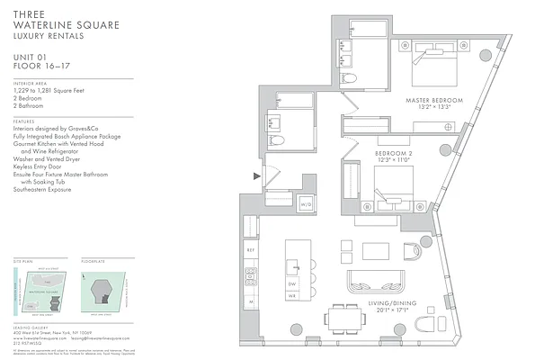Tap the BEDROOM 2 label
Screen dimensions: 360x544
coord(392,153)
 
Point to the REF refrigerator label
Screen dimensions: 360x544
coord(251,249)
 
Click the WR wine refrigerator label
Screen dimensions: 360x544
coord(293,296)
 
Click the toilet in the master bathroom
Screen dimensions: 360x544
coord(349,79)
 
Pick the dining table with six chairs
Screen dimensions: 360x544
coord(346,318)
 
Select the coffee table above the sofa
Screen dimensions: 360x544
coord(376,250)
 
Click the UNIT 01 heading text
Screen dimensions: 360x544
coord(33,57)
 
